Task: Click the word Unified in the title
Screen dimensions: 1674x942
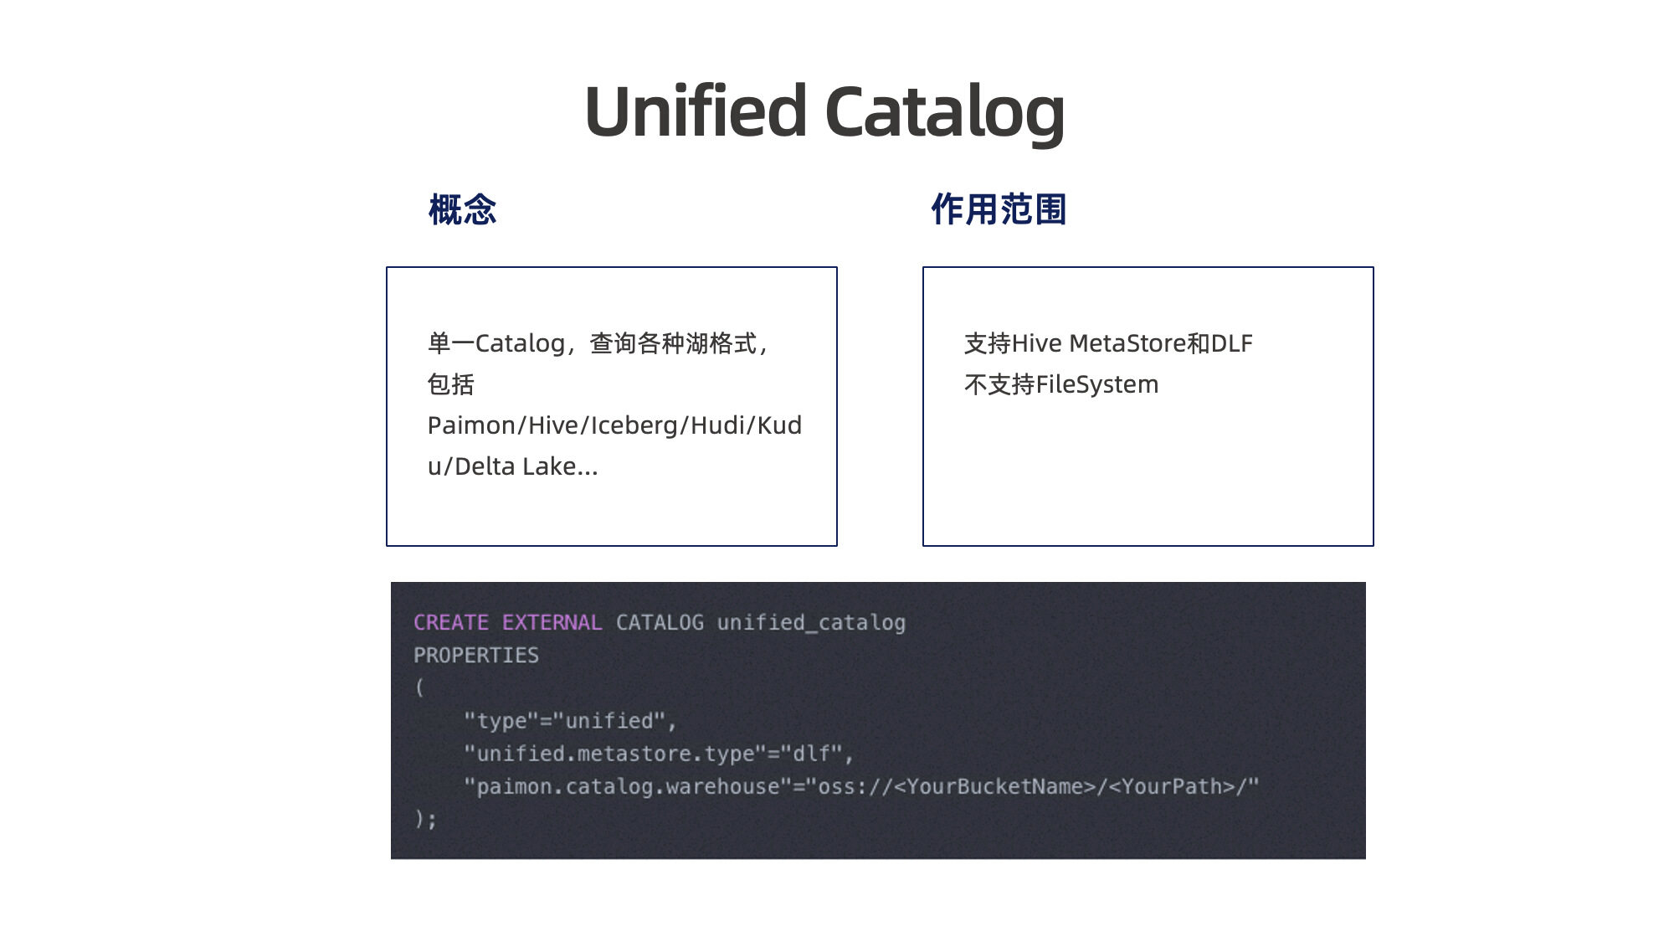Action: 695,111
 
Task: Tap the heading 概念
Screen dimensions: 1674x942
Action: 462,209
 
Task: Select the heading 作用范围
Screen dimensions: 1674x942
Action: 999,209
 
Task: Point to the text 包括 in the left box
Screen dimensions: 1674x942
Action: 450,384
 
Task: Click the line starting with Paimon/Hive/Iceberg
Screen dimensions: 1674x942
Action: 614,425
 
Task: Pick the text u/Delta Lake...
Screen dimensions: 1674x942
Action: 512,466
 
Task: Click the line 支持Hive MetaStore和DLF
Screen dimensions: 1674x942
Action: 1108,343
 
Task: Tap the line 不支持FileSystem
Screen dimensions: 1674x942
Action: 1061,384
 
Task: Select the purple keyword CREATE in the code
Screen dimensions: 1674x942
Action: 451,623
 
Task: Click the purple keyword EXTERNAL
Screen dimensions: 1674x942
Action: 552,623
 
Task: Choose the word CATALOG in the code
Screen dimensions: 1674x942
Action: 660,623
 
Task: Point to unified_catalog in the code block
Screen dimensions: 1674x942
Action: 811,623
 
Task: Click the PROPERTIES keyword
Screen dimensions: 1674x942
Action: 476,656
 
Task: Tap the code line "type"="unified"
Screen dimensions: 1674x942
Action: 570,721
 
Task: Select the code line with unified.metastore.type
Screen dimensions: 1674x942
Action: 659,754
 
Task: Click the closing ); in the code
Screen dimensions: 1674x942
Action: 425,819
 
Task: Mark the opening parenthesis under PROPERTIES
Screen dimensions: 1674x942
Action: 419,688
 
